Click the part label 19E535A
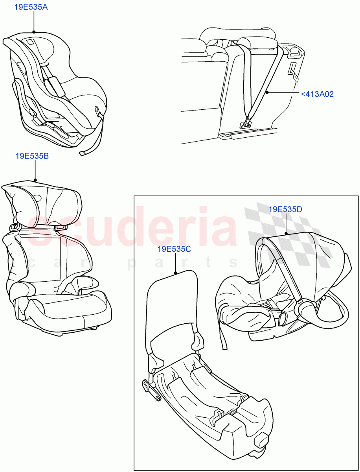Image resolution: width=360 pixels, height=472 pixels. pos(31,7)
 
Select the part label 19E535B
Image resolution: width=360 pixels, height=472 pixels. pos(32,156)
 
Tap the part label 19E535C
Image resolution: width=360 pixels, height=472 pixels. pos(174,249)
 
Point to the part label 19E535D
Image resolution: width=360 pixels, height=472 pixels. pos(285,209)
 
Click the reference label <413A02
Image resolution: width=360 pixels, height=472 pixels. pos(317,94)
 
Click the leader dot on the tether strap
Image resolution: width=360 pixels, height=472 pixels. pos(267,92)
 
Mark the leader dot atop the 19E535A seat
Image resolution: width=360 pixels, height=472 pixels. pos(34,31)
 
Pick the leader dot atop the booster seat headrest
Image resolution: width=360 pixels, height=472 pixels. pos(35,180)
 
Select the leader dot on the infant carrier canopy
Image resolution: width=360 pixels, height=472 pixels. pos(286,233)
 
